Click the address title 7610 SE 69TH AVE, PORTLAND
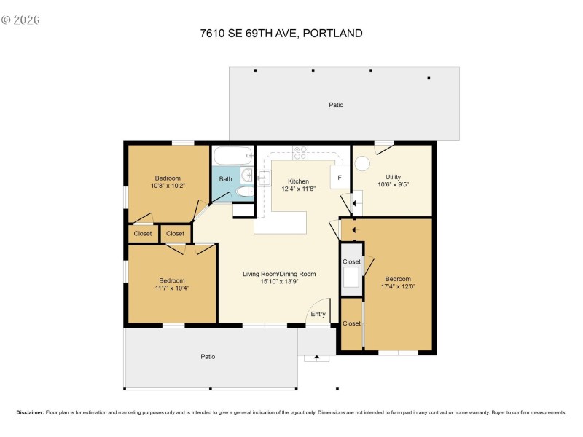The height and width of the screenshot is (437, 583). (281, 33)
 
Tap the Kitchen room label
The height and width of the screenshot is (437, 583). (298, 181)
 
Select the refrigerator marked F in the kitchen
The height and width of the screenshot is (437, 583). (339, 177)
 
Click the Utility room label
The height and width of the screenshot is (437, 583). (393, 177)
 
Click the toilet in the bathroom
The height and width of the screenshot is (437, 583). (245, 192)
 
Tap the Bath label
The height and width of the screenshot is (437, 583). (226, 178)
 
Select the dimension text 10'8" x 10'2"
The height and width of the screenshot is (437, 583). (167, 186)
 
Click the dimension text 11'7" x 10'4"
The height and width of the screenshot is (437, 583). (172, 288)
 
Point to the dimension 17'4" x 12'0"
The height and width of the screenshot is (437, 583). (398, 286)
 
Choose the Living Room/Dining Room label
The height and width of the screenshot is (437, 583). (279, 274)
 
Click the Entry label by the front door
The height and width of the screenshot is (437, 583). (318, 314)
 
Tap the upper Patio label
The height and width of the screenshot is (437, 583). (336, 105)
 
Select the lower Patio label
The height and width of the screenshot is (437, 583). (208, 356)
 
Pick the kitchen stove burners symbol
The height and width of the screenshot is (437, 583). (300, 152)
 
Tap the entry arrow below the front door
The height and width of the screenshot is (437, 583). (316, 358)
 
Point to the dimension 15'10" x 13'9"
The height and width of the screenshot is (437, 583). (279, 282)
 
